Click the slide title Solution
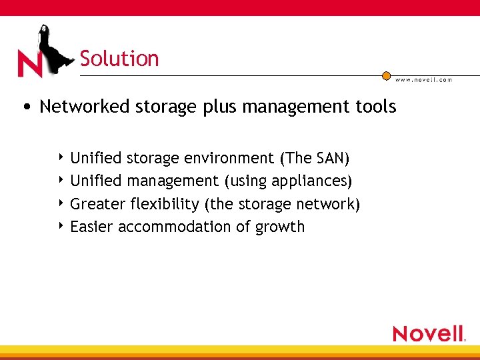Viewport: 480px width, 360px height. click(119, 59)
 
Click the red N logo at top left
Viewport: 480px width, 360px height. click(30, 64)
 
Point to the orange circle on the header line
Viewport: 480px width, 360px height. click(386, 76)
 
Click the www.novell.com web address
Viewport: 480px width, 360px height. click(423, 80)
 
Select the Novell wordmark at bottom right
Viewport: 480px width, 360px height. click(428, 333)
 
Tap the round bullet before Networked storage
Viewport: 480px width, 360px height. click(25, 107)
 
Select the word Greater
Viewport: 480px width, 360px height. click(98, 204)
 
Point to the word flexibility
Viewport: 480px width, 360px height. click(165, 204)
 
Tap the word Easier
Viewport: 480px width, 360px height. click(92, 227)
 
